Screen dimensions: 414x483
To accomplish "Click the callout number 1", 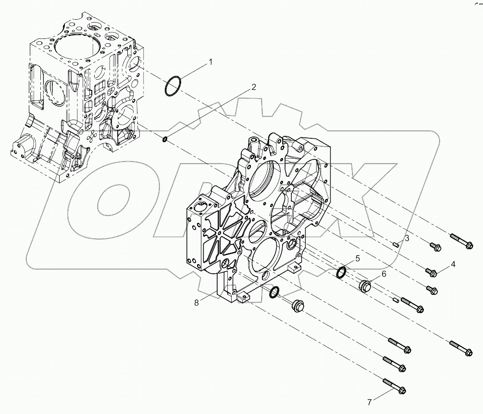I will (x=210, y=62).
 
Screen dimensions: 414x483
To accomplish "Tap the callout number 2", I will (x=253, y=87).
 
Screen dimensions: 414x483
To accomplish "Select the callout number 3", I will (x=407, y=238).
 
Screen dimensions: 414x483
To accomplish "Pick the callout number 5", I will (x=358, y=258).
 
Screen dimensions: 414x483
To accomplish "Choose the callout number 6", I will (x=384, y=273).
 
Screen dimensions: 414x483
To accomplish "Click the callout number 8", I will (x=196, y=302).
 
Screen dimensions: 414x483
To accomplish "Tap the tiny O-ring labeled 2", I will (x=165, y=139).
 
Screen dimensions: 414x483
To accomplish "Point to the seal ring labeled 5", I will (x=342, y=272).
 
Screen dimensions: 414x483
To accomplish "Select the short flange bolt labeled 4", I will (x=432, y=273).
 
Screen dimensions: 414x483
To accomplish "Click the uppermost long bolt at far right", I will (x=462, y=241).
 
